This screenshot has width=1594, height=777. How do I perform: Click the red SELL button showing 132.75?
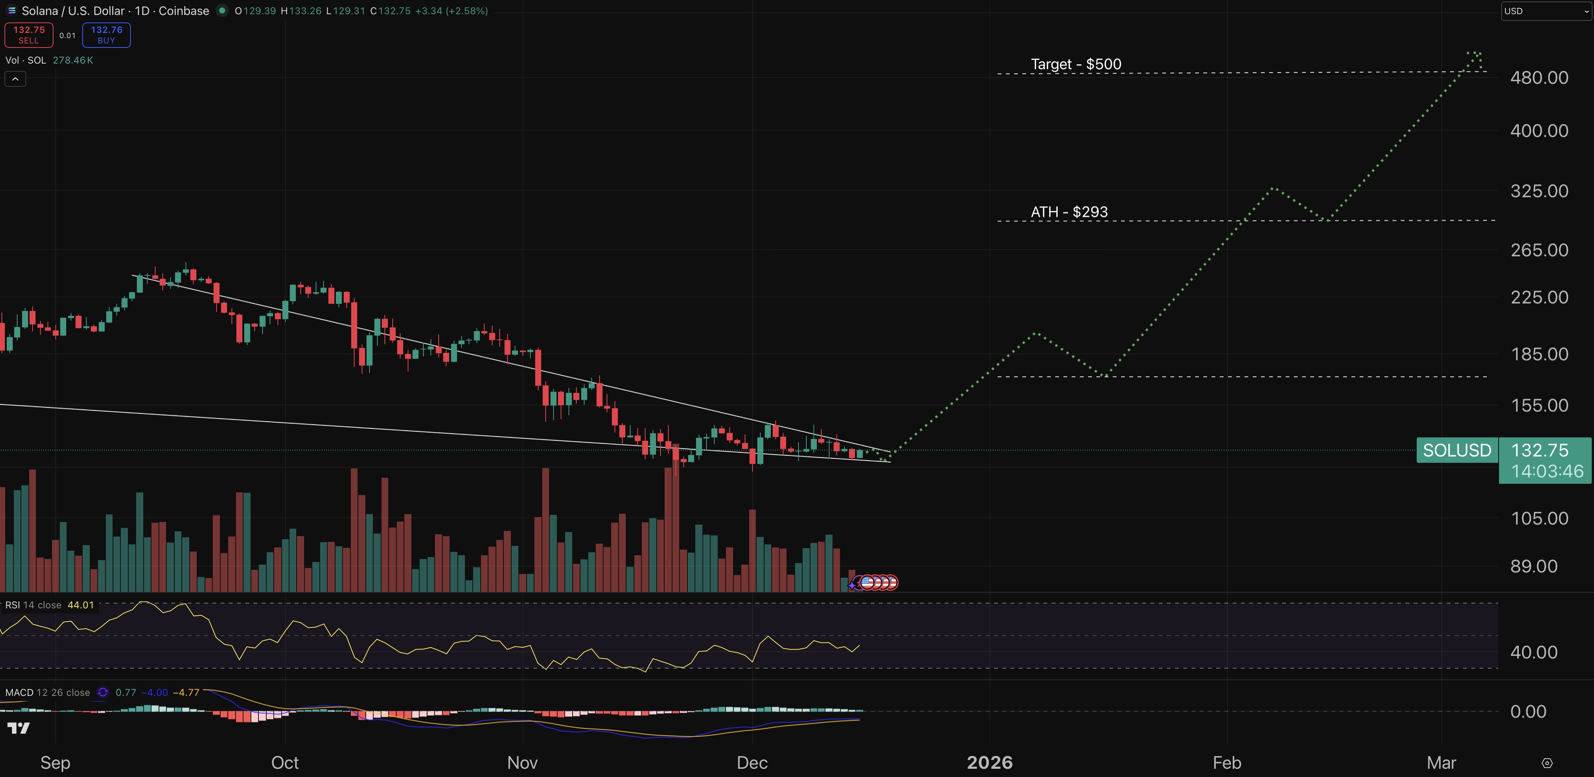pyautogui.click(x=28, y=35)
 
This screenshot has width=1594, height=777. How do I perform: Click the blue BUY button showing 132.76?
pyautogui.click(x=107, y=35)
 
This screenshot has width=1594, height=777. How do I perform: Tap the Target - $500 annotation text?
pyautogui.click(x=1076, y=64)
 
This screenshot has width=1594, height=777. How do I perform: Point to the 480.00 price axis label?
pyautogui.click(x=1539, y=78)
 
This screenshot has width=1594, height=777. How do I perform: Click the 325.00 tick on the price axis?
pyautogui.click(x=1539, y=191)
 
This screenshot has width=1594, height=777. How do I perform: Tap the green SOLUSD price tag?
pyautogui.click(x=1457, y=450)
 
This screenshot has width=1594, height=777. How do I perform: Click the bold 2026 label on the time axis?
pyautogui.click(x=990, y=763)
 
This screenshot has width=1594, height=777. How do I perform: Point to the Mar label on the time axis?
pyautogui.click(x=1441, y=763)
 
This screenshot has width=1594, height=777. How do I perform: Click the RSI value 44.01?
pyautogui.click(x=80, y=605)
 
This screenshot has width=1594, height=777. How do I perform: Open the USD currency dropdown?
pyautogui.click(x=1546, y=11)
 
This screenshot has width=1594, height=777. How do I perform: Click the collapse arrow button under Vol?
pyautogui.click(x=15, y=79)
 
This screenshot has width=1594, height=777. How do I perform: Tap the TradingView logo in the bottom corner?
pyautogui.click(x=19, y=728)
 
